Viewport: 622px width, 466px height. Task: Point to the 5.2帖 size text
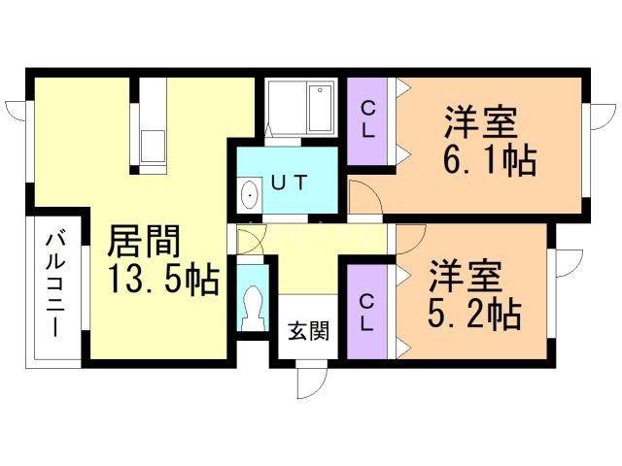point(474,314)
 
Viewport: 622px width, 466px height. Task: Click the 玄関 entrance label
point(307,330)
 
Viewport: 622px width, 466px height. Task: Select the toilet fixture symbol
point(253,309)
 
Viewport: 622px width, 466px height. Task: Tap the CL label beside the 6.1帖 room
point(367,120)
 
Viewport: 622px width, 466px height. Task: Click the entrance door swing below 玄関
point(311,381)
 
